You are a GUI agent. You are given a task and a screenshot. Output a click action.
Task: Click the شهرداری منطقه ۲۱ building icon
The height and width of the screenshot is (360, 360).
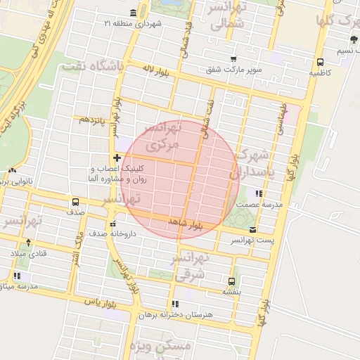(134, 13)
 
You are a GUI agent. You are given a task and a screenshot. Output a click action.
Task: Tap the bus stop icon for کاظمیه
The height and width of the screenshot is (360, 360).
(321, 62)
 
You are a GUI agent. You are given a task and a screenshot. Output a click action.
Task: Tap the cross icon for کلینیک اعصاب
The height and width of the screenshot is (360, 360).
(117, 157)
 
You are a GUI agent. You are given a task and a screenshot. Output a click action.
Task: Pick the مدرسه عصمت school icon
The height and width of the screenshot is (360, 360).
(259, 193)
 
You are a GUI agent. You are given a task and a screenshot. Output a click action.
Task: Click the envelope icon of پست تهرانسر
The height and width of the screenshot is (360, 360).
(252, 230)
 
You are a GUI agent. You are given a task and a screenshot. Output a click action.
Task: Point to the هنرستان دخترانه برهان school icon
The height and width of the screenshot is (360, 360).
(174, 304)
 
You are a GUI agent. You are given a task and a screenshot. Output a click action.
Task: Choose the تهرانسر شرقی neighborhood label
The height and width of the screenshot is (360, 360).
(190, 268)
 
